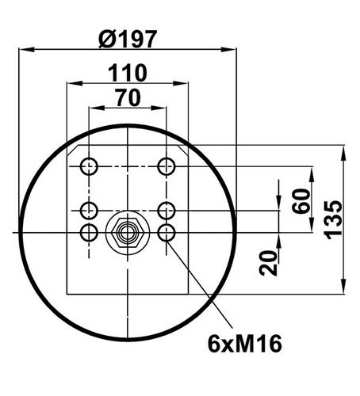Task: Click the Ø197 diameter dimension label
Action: (x=128, y=39)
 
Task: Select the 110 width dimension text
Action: (x=128, y=73)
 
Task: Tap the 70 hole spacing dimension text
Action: (x=128, y=97)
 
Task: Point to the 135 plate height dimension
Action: (x=333, y=219)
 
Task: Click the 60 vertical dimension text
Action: (x=301, y=201)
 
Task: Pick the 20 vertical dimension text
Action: (x=268, y=263)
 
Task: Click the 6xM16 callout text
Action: (x=245, y=344)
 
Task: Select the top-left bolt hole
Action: (x=89, y=166)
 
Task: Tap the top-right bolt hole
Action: (x=167, y=166)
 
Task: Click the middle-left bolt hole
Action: (x=89, y=211)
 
